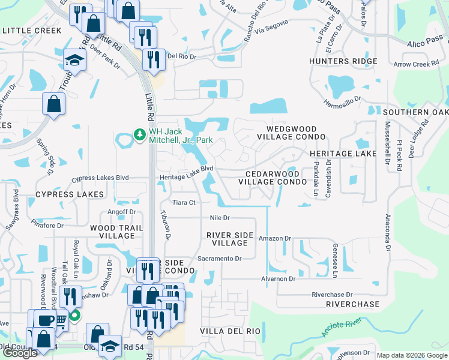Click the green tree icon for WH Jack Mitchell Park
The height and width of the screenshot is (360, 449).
click(x=139, y=133)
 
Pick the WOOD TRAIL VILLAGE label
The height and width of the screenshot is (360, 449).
click(x=112, y=232)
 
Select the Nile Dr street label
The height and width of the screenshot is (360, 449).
click(x=220, y=218)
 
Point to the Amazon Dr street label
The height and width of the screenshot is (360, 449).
click(x=274, y=238)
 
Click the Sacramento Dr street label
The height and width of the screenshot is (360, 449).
click(x=219, y=259)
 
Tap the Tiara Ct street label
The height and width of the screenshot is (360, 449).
click(x=184, y=203)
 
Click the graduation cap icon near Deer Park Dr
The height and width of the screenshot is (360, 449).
click(x=76, y=59)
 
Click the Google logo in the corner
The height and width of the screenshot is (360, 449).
click(x=20, y=353)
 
